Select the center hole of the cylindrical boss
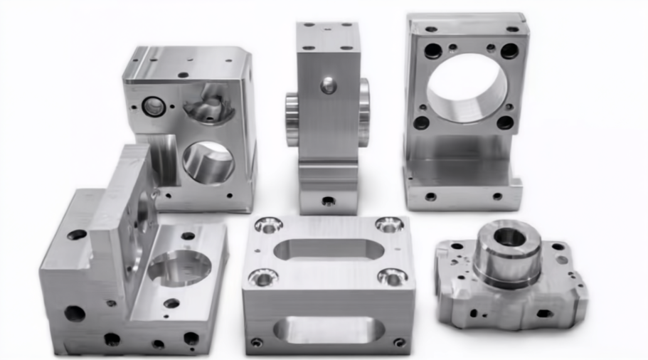pos(510,236)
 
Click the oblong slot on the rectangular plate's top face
pos(328,250)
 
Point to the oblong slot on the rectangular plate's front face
pos(328,329)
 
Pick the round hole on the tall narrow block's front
pos(328,86)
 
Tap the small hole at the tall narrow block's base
pos(328,201)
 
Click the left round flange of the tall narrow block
pos(292,119)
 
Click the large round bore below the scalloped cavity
pos(208,162)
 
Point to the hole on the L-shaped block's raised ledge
pos(76,234)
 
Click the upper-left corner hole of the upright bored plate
pos(432,51)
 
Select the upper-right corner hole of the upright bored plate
pos(509,51)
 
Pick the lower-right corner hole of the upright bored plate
pos(505,122)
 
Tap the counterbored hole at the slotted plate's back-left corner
pos(267,226)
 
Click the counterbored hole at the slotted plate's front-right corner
pos(392,276)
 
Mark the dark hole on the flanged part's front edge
pos(544,313)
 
